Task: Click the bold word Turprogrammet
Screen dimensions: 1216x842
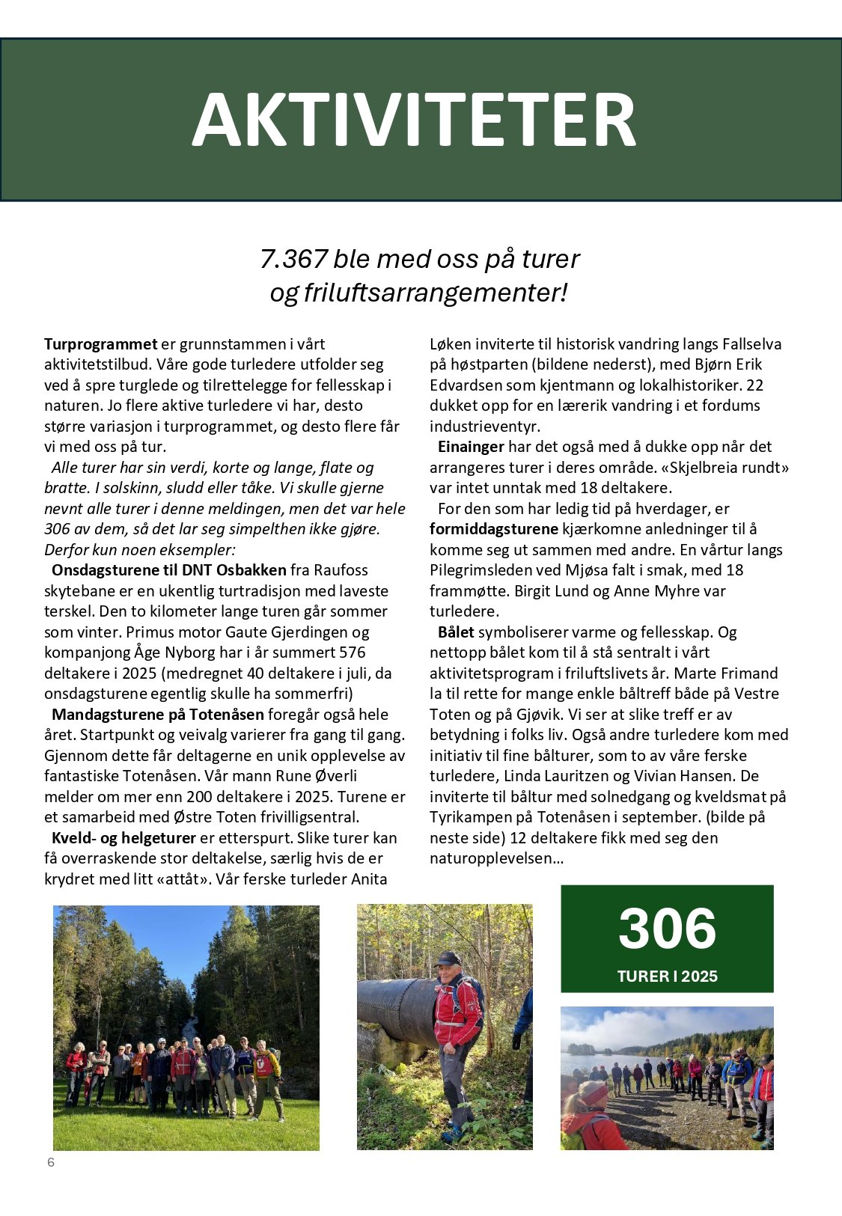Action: pyautogui.click(x=100, y=344)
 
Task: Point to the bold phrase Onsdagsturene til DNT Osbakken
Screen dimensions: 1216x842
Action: pyautogui.click(x=169, y=570)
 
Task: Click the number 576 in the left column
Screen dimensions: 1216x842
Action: pyautogui.click(x=352, y=653)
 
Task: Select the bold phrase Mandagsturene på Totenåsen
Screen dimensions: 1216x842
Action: pyautogui.click(x=158, y=715)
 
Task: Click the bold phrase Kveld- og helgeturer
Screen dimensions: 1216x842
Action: pyautogui.click(x=123, y=838)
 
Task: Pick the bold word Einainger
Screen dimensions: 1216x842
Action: pyautogui.click(x=471, y=447)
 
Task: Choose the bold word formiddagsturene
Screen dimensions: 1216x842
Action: pyautogui.click(x=494, y=529)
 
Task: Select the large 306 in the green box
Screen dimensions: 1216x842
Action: pyautogui.click(x=667, y=929)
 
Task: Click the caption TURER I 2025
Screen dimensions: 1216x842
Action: pyautogui.click(x=667, y=977)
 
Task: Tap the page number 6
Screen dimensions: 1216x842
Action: pyautogui.click(x=51, y=1162)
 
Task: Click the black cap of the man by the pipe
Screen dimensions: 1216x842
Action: pyautogui.click(x=448, y=959)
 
